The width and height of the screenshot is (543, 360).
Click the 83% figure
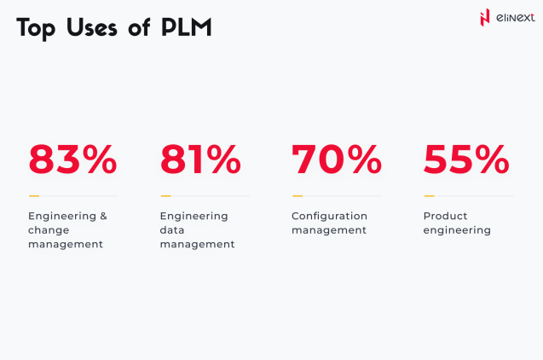tap(72, 160)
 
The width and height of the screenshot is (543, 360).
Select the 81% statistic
tap(201, 160)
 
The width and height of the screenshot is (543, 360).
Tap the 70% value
tap(337, 160)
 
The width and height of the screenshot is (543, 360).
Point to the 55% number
tap(466, 160)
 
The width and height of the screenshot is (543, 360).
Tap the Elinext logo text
tap(516, 18)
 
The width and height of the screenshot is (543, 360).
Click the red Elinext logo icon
tap(485, 18)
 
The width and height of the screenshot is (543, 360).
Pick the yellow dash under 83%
tap(33, 196)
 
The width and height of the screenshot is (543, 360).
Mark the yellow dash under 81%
tap(165, 196)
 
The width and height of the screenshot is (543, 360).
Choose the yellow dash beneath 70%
tap(297, 196)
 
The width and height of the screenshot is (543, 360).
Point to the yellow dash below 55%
tap(429, 196)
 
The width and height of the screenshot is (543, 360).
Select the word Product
tap(445, 216)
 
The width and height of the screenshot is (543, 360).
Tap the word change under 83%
tap(49, 230)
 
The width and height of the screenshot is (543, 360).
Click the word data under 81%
tap(172, 230)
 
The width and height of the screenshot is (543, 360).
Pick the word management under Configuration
tap(329, 230)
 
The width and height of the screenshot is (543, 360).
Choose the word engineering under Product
tap(457, 230)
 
